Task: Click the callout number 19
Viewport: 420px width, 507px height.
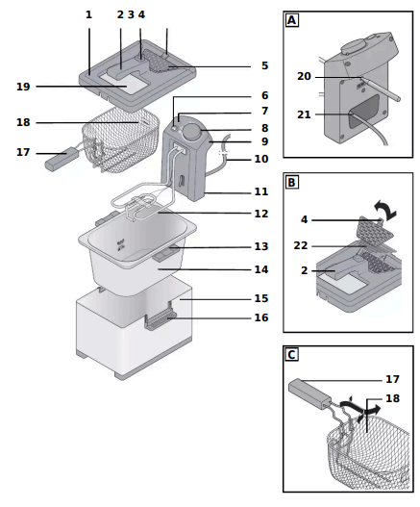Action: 23,87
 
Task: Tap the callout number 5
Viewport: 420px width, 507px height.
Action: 265,65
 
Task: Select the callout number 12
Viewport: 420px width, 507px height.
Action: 261,214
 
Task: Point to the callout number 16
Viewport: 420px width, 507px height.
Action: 261,317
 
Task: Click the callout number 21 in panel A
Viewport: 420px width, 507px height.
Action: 304,114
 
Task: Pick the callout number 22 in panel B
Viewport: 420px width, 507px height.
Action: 301,245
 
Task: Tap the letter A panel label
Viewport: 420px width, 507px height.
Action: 292,21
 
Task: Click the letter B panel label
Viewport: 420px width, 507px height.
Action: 292,183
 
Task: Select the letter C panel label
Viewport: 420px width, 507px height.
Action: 292,355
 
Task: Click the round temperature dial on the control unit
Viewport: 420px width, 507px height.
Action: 191,132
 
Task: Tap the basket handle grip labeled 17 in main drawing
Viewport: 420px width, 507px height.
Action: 62,158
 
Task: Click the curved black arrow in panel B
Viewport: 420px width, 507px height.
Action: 385,210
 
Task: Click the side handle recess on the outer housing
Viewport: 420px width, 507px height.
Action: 161,320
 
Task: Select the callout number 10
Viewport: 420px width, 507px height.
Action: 261,159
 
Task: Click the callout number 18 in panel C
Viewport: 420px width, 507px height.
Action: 393,398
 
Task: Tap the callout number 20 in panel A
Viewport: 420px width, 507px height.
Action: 304,76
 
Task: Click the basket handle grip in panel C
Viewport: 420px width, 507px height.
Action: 309,393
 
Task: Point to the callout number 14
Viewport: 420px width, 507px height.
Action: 261,269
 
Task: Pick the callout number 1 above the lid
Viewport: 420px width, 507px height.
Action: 88,14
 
